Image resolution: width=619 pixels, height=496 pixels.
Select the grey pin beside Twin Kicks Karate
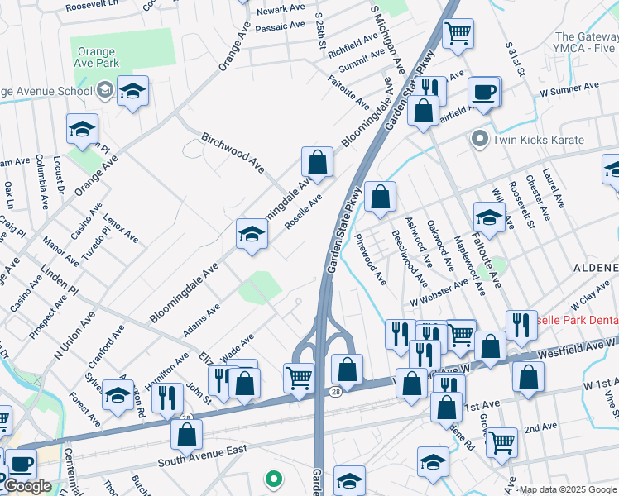(x=478, y=139)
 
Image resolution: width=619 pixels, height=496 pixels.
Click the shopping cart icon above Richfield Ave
(x=457, y=34)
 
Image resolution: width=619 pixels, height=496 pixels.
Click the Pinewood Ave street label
(x=369, y=258)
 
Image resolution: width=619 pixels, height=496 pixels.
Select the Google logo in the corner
(x=26, y=486)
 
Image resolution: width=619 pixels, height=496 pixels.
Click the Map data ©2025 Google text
(x=568, y=489)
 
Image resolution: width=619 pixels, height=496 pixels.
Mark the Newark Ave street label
(x=281, y=9)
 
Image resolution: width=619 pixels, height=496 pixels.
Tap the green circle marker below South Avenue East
(x=273, y=478)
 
